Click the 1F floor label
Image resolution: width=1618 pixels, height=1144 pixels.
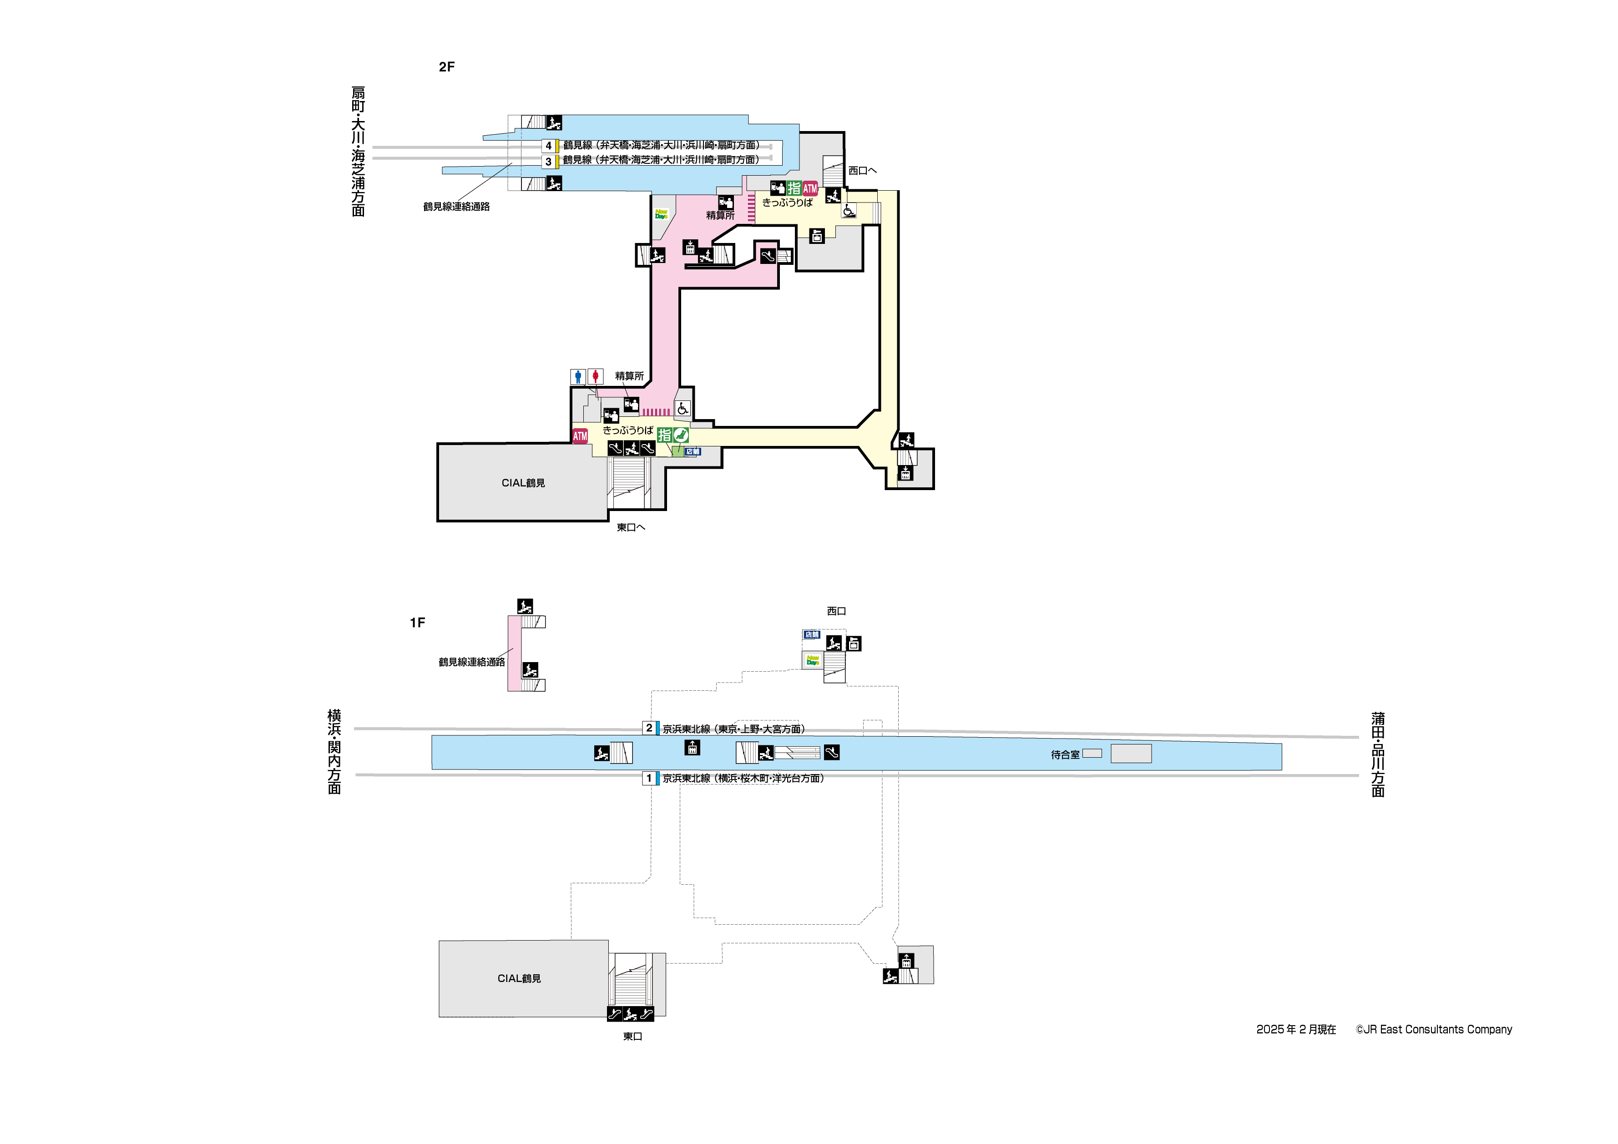(417, 623)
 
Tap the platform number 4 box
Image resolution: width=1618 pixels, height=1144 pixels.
(548, 146)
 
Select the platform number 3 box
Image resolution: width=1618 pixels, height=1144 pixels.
(548, 162)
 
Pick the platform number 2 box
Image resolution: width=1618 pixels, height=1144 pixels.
(649, 728)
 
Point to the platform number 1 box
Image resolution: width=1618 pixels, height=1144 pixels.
(649, 778)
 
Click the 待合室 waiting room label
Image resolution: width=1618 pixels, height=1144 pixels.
(1065, 755)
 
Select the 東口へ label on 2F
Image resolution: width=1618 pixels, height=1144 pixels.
(631, 527)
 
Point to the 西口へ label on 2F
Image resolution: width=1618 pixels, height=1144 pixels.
(862, 171)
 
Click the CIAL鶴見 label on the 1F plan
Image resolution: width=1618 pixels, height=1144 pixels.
(519, 978)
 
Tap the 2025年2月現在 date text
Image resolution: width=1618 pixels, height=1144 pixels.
(1296, 1030)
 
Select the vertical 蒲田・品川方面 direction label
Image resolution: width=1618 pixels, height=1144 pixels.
(1378, 754)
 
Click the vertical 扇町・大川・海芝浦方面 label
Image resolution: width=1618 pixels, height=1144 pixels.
(358, 152)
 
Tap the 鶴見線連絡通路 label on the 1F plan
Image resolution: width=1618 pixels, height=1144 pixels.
(471, 662)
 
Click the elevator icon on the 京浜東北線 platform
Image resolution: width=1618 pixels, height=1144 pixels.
(692, 747)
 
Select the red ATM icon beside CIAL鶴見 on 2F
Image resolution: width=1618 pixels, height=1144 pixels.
(579, 436)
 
